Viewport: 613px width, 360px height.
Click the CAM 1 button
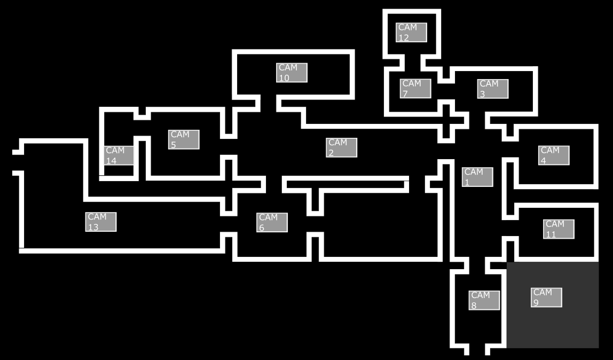coord(477,177)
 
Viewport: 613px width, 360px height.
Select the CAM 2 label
coord(342,147)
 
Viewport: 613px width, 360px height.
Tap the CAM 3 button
coord(493,89)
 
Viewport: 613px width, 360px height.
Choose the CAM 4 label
coord(554,155)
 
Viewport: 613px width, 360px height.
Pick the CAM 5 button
coord(184,139)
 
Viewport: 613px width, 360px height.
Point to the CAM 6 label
coord(272,222)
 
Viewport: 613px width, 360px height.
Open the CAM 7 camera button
coord(415,88)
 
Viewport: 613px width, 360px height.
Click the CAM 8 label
coord(484,300)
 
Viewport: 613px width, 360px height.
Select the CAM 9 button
coord(546,298)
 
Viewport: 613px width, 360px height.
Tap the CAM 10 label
coord(292,73)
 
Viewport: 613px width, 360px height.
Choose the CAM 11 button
coord(559,229)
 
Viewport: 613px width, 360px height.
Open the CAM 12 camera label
coord(411,33)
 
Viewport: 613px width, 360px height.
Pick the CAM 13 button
coord(100,222)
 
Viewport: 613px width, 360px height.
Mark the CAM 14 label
coord(119,155)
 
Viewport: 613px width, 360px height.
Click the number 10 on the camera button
coord(284,78)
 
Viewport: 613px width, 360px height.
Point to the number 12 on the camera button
coord(403,38)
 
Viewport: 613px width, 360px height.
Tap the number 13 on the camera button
coord(93,227)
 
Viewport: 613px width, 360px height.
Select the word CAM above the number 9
coord(543,292)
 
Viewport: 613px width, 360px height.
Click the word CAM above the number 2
coord(337,143)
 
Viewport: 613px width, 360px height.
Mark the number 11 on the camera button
coord(551,234)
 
